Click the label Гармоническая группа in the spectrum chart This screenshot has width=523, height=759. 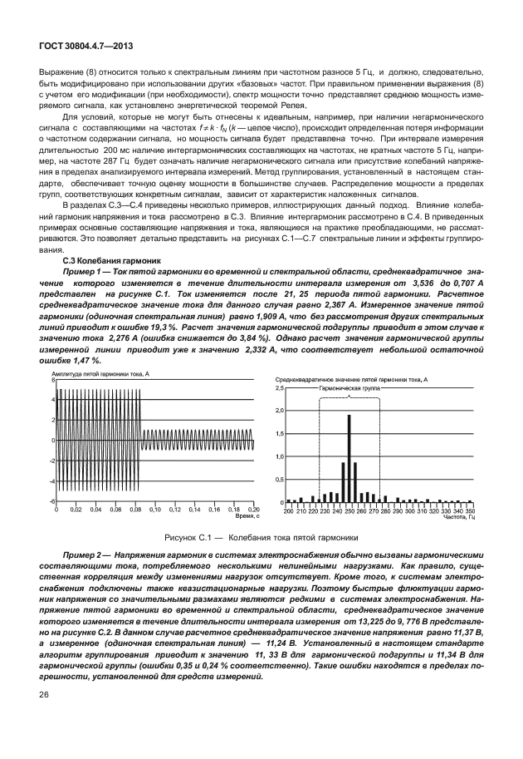point(349,388)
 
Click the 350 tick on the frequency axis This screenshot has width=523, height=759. point(470,510)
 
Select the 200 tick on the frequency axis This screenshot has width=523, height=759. point(288,510)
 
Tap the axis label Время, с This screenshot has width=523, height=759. point(243,515)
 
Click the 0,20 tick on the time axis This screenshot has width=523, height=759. point(255,508)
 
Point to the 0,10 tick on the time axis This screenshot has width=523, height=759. point(155,508)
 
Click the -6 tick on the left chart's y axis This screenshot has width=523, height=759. point(52,501)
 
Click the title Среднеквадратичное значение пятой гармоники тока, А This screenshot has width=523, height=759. point(349,379)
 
